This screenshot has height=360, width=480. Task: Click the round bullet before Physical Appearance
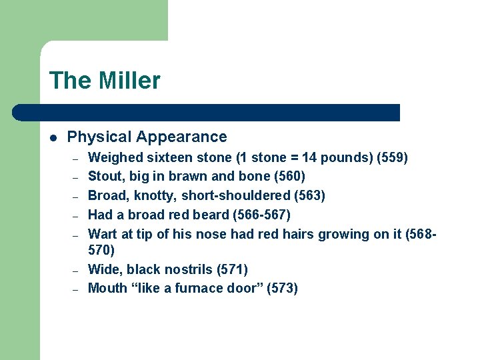53,137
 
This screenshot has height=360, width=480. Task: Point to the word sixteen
167,158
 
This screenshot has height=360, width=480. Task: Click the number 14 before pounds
309,158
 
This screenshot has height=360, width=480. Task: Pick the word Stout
105,177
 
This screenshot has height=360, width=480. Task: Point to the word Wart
103,234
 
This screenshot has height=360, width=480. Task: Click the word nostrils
191,269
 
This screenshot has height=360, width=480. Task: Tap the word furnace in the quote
201,288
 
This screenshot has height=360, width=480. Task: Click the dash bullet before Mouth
77,289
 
